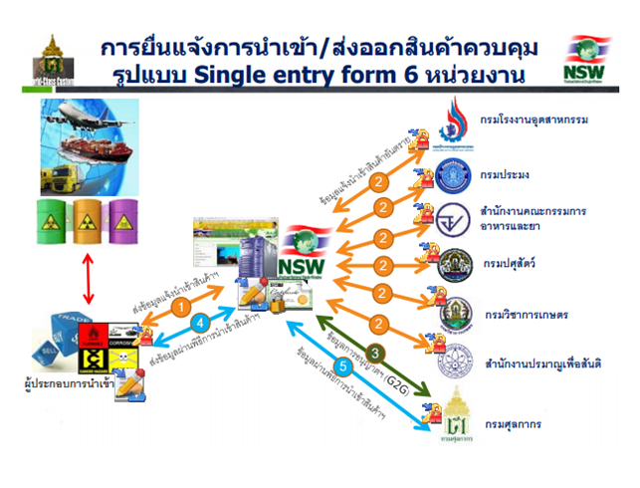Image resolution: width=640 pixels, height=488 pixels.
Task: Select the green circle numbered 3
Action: pyautogui.click(x=375, y=353)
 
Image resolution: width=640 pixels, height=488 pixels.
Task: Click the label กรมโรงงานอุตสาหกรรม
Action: pyautogui.click(x=533, y=121)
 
